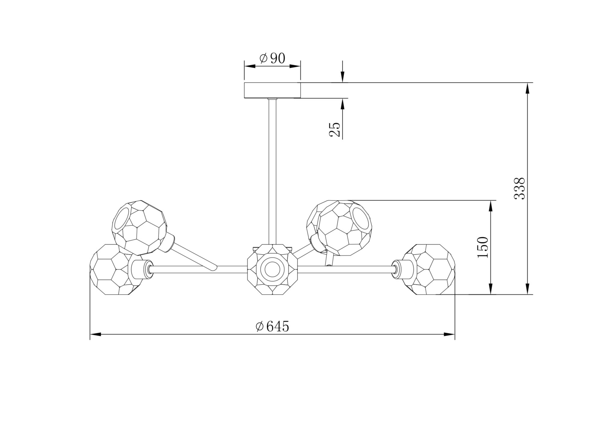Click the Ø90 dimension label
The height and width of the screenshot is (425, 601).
(x=272, y=58)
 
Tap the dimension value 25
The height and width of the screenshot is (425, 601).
(x=335, y=130)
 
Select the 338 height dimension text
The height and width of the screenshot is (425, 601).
(x=519, y=188)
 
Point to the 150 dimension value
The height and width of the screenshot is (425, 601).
(x=483, y=247)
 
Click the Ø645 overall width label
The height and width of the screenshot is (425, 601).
(x=273, y=326)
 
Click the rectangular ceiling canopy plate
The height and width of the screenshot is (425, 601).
(x=272, y=90)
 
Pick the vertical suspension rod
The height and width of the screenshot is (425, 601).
(x=273, y=171)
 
